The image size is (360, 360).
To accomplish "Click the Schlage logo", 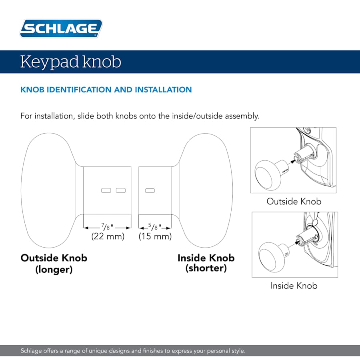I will (61, 29).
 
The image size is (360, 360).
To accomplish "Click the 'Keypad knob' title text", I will (70, 62).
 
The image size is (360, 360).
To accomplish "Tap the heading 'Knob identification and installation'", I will (106, 90).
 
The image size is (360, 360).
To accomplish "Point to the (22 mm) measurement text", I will (108, 236).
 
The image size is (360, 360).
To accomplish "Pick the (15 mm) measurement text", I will (155, 236).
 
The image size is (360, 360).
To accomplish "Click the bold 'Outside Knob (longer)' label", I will (54, 263).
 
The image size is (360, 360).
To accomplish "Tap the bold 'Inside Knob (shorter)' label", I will (206, 263).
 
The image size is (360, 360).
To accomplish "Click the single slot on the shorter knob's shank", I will (150, 190).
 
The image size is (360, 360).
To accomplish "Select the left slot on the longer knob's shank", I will (106, 190).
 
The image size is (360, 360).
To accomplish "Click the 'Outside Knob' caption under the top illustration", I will (294, 201).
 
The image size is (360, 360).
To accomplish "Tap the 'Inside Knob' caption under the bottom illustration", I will (294, 286).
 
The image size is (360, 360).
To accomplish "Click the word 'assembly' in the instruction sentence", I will (242, 116).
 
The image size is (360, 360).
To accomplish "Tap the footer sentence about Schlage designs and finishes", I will (133, 351).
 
